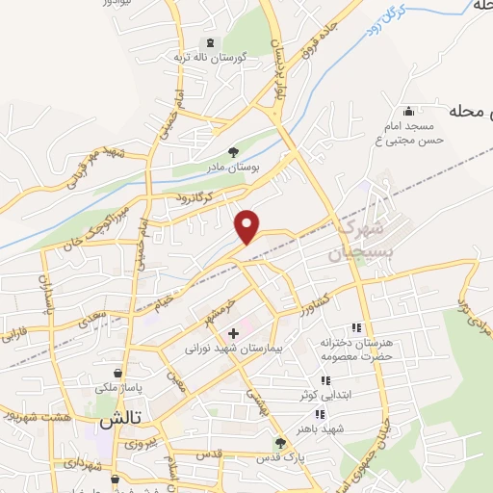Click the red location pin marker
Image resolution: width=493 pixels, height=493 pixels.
pos(248,225)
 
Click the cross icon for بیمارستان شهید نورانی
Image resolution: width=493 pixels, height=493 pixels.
pos(233,332)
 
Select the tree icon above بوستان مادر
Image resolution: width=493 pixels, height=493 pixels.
pos(233,152)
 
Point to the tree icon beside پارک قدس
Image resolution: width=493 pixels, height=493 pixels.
pos(280,443)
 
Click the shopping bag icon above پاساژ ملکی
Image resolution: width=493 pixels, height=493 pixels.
pos(117,373)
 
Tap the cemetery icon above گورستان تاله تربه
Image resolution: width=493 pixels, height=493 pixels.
pos(209,42)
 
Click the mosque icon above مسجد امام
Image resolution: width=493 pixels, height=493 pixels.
pos(411,111)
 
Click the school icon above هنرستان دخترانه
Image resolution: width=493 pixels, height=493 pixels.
pos(356,328)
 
